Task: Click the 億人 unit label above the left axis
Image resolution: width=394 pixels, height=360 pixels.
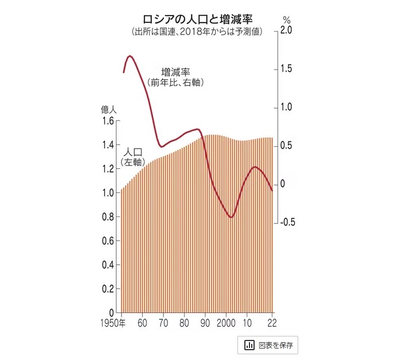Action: point(109,109)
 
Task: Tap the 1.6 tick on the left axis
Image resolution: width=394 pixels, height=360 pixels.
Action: point(107,121)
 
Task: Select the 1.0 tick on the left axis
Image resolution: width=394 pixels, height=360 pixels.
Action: point(107,193)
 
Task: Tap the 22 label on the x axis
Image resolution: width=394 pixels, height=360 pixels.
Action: point(271,323)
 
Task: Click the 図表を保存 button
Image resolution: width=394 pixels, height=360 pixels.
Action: point(268,345)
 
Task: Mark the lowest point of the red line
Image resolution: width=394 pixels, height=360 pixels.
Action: point(231,218)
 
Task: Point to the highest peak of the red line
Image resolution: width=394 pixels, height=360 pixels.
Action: point(130,56)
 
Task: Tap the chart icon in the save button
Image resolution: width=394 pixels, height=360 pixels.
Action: point(249,345)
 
